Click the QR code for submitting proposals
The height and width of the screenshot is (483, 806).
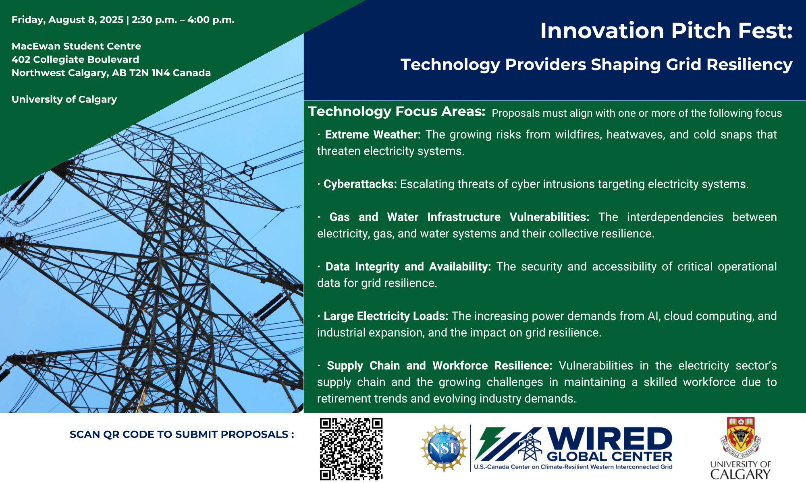(x=351, y=449)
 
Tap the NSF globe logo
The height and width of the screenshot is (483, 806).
(x=444, y=448)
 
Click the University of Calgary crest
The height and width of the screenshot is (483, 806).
(x=741, y=438)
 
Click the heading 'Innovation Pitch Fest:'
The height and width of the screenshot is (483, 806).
(x=667, y=31)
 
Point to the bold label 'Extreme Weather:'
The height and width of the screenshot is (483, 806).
(x=373, y=134)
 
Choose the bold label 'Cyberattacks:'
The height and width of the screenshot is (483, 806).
(x=360, y=184)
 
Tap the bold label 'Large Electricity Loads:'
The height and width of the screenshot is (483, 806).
(x=386, y=316)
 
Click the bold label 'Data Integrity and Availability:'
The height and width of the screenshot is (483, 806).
(x=408, y=267)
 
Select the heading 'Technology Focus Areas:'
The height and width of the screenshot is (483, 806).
(x=397, y=111)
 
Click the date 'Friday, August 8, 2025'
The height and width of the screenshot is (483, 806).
(x=67, y=20)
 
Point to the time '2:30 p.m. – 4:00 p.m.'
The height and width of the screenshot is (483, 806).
(x=183, y=20)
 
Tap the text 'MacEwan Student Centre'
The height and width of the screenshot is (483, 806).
(x=76, y=46)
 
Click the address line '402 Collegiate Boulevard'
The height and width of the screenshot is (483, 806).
(x=75, y=60)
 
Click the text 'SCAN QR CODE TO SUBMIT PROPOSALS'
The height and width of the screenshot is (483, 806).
(x=179, y=435)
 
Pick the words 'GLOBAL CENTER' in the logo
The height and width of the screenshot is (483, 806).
(x=609, y=456)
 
